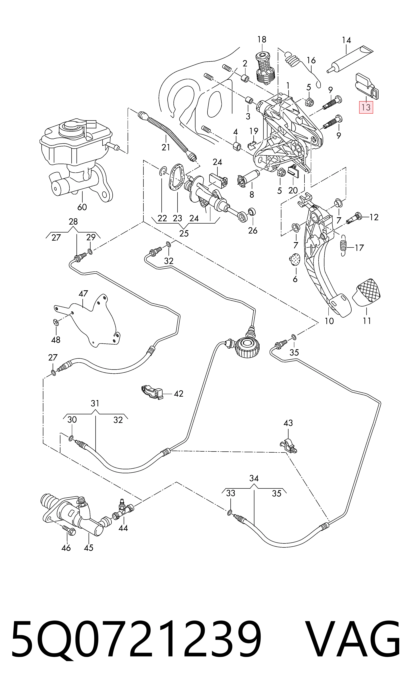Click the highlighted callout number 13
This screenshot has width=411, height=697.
click(x=366, y=107)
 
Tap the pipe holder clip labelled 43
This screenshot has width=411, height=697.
click(x=288, y=446)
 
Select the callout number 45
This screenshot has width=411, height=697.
click(x=89, y=548)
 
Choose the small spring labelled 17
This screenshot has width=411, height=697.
click(x=343, y=245)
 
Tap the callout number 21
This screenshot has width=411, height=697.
click(x=166, y=147)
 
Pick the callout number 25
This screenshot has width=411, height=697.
click(x=184, y=233)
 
